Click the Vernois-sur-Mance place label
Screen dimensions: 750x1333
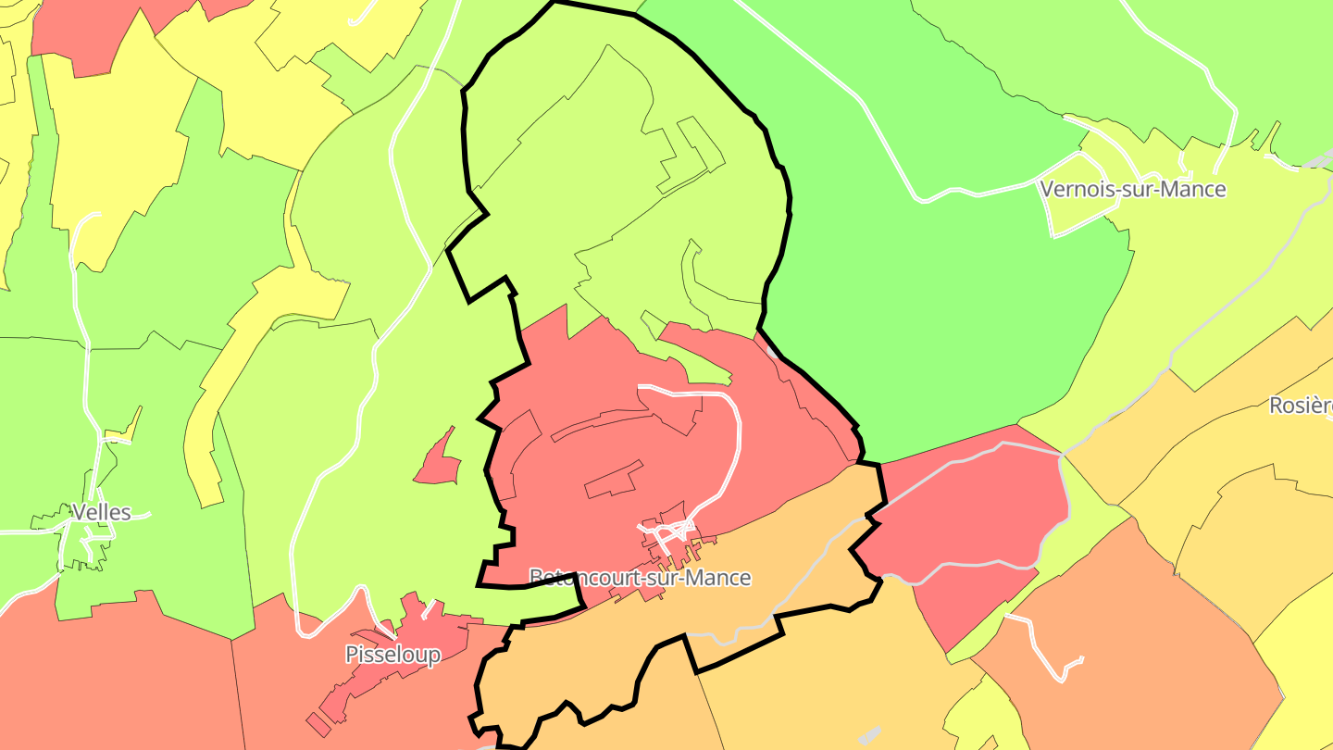pyautogui.click(x=1132, y=190)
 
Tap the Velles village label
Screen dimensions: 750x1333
pyautogui.click(x=101, y=512)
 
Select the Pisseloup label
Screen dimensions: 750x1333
pyautogui.click(x=392, y=655)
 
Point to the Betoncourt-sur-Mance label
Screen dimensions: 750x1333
pyautogui.click(x=640, y=578)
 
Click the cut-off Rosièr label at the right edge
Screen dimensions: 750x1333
pyautogui.click(x=1301, y=406)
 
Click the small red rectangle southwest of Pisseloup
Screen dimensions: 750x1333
pyautogui.click(x=318, y=723)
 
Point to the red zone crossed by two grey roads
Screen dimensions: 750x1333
pyautogui.click(x=963, y=528)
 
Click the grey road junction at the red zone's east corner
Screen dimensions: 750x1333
pyautogui.click(x=1062, y=454)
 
